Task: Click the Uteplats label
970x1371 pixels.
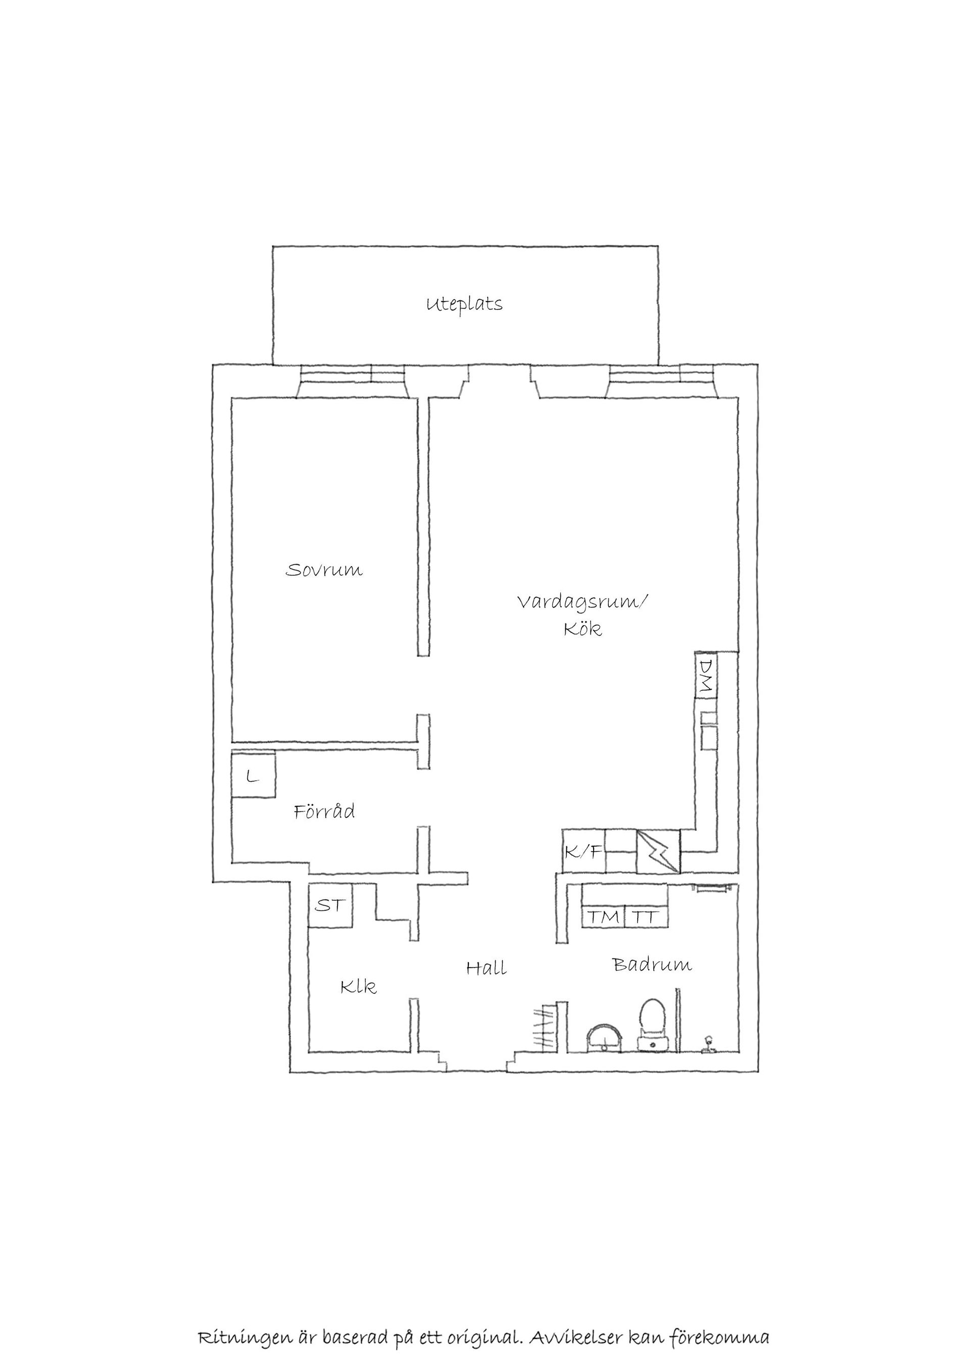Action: click(x=464, y=304)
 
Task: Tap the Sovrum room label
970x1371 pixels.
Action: click(x=324, y=570)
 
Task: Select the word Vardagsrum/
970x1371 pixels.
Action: click(x=582, y=602)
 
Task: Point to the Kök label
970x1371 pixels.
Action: click(x=583, y=629)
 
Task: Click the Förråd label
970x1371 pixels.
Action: click(x=324, y=811)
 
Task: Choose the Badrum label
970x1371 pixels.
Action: click(x=652, y=964)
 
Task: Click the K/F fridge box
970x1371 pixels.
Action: click(x=584, y=851)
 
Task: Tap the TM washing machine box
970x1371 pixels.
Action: click(x=603, y=917)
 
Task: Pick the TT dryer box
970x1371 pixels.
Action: click(x=646, y=917)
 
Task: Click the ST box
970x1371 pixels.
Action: click(x=330, y=905)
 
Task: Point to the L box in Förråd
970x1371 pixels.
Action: click(x=253, y=776)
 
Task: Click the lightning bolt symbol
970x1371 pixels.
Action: click(x=658, y=851)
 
